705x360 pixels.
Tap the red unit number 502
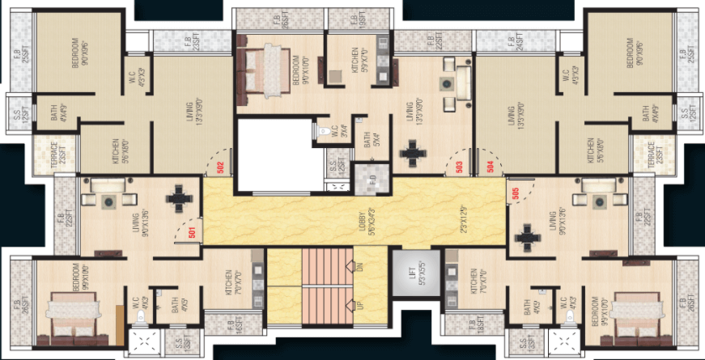click(x=221, y=167)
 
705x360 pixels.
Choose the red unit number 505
click(x=516, y=192)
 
